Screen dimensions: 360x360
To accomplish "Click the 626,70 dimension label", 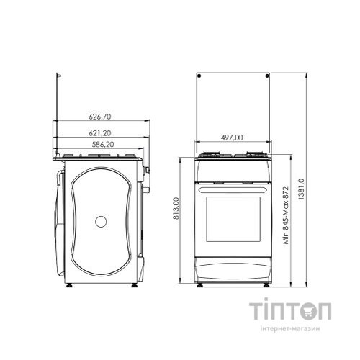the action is pos(100,117).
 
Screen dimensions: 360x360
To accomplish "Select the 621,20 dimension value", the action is pos(100,133).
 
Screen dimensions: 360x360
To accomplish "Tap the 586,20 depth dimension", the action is pos(103,145).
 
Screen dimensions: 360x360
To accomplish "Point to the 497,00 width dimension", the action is pos(232,138).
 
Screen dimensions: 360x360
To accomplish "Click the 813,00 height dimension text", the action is pos(176,208).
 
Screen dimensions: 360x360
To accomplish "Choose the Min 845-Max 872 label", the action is pos(286,215).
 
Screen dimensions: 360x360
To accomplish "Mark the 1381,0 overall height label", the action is pos(301,189).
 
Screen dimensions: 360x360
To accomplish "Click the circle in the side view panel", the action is pos(101,222).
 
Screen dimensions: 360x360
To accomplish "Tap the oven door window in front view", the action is pos(233,219).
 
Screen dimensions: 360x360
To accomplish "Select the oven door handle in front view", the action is pos(233,189).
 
